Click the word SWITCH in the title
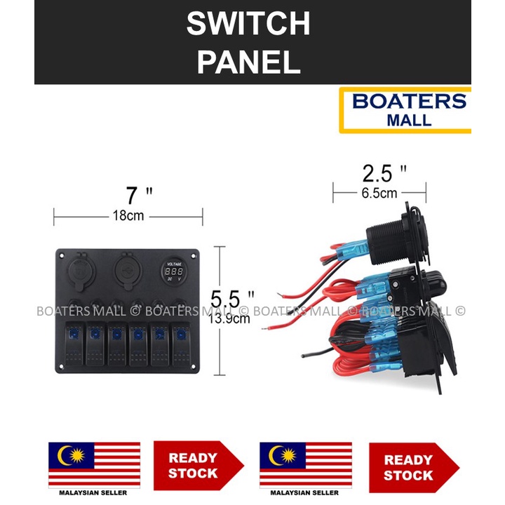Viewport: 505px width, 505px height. click(x=248, y=25)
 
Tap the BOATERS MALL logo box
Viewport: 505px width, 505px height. click(x=405, y=110)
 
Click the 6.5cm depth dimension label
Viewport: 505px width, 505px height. click(x=379, y=191)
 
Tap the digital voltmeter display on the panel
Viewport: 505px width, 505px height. click(x=170, y=270)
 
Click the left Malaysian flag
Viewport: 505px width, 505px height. click(x=94, y=464)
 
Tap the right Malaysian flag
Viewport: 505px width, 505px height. click(x=306, y=464)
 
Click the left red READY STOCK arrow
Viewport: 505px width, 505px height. click(x=197, y=465)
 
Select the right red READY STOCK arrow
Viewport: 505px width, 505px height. click(x=412, y=467)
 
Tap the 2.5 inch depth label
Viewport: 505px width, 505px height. click(x=379, y=173)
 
